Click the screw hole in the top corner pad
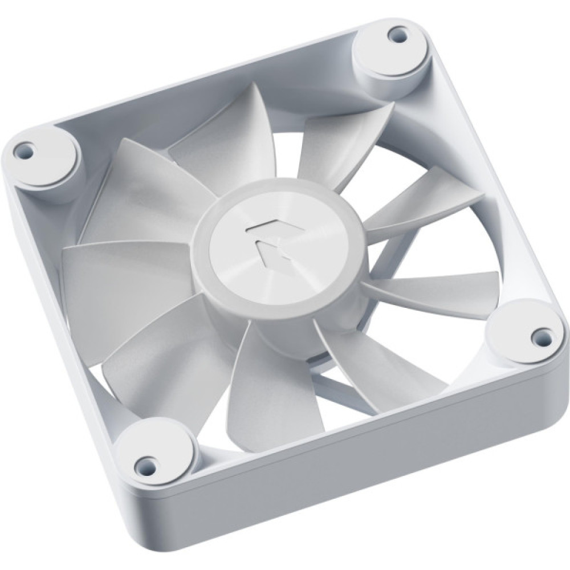coord(393,38)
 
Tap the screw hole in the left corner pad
coord(24,151)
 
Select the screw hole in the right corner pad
coord(538,333)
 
